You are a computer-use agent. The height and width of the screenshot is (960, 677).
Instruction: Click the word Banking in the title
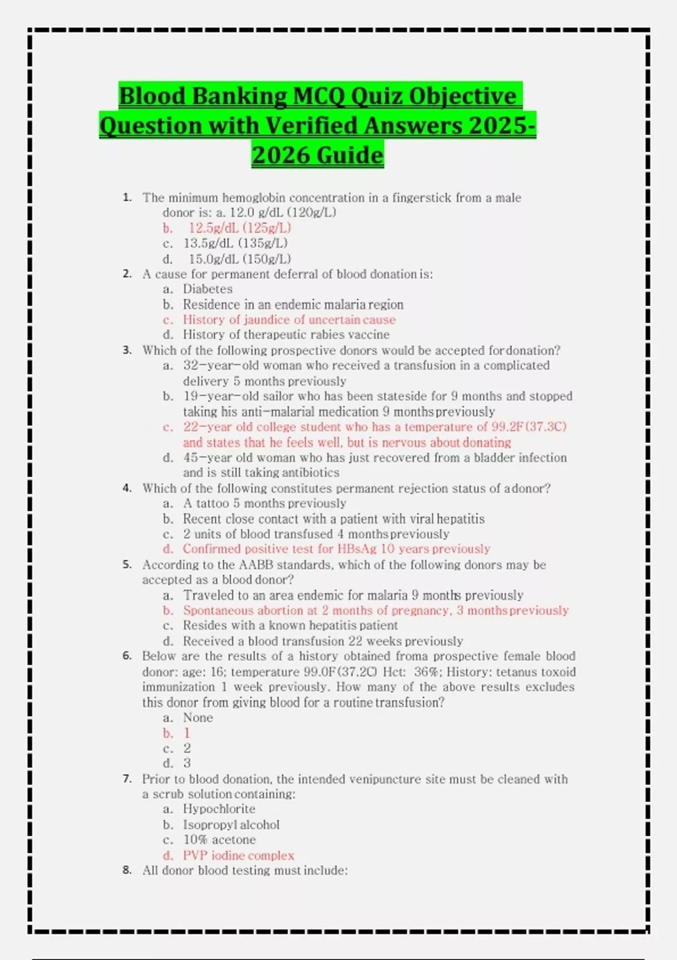click(x=239, y=95)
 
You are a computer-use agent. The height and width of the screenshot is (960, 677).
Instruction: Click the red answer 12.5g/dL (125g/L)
click(x=240, y=228)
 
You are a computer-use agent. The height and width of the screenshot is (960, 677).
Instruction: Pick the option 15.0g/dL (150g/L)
click(x=240, y=259)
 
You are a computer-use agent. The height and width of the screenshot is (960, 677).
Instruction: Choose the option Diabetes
click(x=208, y=289)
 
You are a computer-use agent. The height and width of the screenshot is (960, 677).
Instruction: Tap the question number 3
click(x=127, y=350)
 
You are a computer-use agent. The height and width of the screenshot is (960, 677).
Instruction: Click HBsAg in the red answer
click(x=357, y=549)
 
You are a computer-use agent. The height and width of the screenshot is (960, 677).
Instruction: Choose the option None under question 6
click(x=198, y=718)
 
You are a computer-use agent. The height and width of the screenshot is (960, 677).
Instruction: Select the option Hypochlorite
click(x=219, y=809)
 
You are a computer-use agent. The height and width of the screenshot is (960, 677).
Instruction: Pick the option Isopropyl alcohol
click(x=231, y=825)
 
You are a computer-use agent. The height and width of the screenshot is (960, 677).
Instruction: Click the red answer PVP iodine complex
click(x=238, y=856)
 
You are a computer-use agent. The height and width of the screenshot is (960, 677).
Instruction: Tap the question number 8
click(x=127, y=870)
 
